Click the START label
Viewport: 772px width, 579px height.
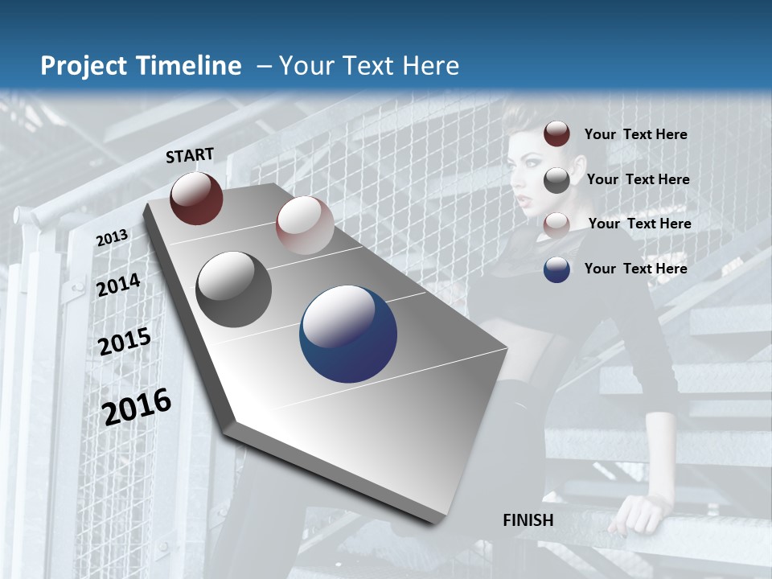tap(190, 155)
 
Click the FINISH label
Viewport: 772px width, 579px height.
tap(528, 520)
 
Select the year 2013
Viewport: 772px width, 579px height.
tap(112, 238)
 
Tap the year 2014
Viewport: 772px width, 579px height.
tap(118, 285)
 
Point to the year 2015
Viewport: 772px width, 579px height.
tap(125, 342)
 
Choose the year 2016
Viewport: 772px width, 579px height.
tap(137, 406)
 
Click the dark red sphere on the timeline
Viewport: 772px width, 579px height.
tap(196, 198)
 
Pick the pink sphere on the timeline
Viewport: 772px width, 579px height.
tap(305, 225)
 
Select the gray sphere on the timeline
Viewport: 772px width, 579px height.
tap(234, 289)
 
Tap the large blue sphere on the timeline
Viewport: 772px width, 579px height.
tap(348, 334)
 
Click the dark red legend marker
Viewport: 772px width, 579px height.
tap(556, 134)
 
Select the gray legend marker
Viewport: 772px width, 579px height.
tap(556, 180)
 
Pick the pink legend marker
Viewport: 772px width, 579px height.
tap(556, 224)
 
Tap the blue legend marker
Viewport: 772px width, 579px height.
tap(556, 269)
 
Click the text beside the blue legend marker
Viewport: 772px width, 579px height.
tap(635, 269)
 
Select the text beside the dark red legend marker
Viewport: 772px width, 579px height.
tap(635, 134)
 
